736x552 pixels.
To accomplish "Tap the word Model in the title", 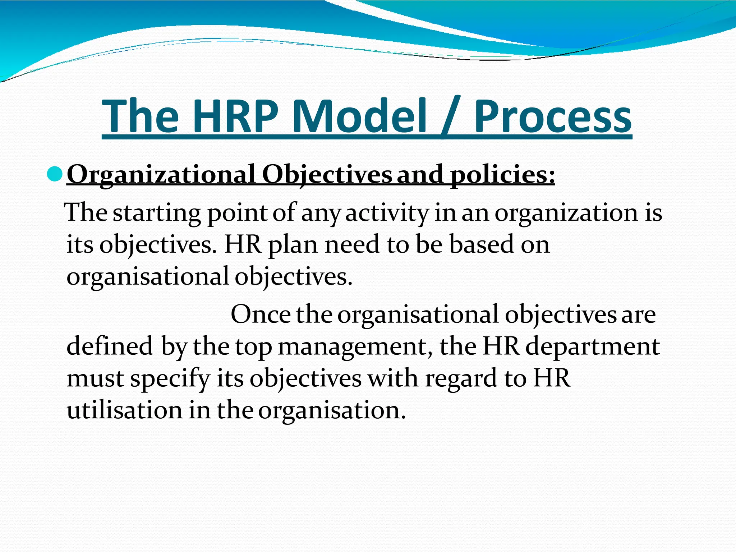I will tap(360, 116).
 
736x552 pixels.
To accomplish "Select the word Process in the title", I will tap(553, 116).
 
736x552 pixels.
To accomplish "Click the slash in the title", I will tap(451, 116).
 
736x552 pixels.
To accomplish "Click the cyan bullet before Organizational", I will tap(55, 175).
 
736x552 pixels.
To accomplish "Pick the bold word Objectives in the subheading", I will tap(327, 175).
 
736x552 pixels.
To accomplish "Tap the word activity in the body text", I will tap(387, 213).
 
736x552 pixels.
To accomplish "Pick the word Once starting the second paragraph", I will tap(261, 314).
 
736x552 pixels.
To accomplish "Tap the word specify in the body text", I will tap(170, 379).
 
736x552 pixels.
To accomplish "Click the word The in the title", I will tap(141, 116).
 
